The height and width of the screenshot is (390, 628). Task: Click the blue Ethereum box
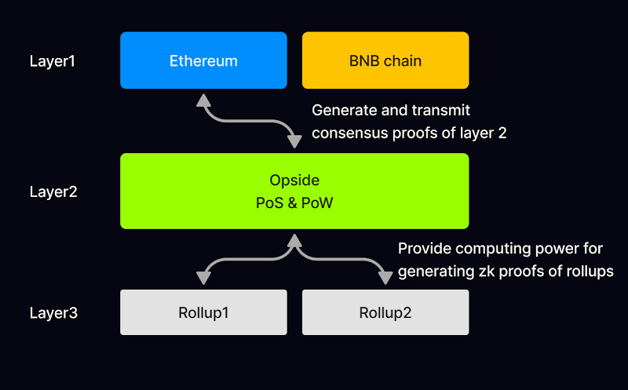coord(203,60)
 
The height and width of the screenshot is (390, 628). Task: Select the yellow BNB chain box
coord(385,60)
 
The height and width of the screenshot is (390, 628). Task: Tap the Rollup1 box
coord(203,312)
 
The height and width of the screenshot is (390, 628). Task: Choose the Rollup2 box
coord(385,312)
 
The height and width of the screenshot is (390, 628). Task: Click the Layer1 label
coord(53,60)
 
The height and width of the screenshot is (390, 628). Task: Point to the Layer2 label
coord(53,191)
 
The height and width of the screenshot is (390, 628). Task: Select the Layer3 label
coord(53,312)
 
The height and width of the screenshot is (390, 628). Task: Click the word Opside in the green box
coord(294,180)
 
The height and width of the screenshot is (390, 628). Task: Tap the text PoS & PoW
coord(294,202)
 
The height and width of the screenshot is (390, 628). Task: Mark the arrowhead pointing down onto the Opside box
coord(294,142)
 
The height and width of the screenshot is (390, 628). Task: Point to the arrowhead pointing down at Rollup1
coord(203,278)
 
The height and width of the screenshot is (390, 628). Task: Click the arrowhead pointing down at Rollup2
coord(385,278)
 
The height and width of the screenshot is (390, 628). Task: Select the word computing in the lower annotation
coord(488,249)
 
